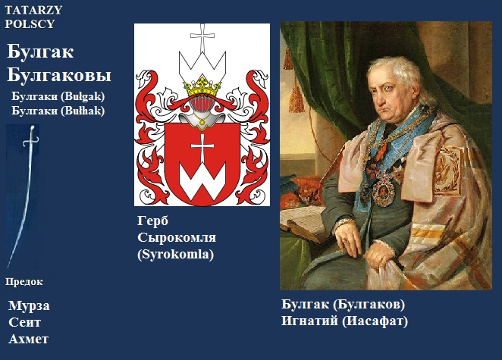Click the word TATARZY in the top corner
[x=33, y=10]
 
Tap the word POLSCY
[x=30, y=24]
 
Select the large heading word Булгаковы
[x=59, y=76]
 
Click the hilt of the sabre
[x=31, y=138]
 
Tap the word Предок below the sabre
[x=24, y=282]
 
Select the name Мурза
[x=29, y=306]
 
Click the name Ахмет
[x=29, y=339]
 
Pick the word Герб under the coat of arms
[x=152, y=221]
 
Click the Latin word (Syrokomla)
[x=175, y=255]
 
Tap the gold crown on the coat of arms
[x=202, y=86]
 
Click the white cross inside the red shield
[x=202, y=148]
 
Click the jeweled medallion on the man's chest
[x=384, y=189]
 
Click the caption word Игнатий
[x=309, y=321]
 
